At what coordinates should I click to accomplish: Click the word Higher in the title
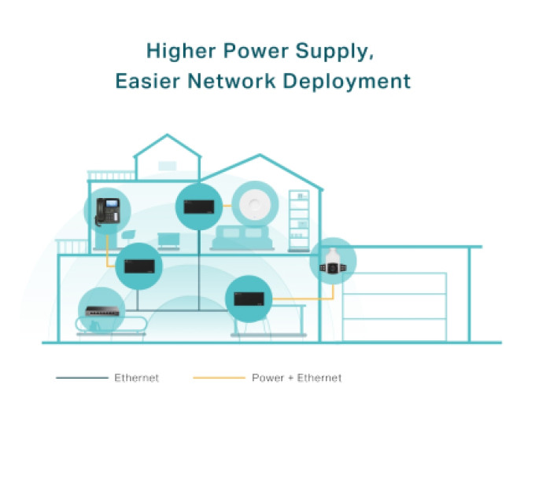[x=181, y=51]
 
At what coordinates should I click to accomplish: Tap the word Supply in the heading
[x=333, y=52]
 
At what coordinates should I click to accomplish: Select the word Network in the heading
[x=231, y=81]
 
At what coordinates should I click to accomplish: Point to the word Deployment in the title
[x=347, y=82]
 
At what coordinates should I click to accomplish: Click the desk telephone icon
[x=108, y=211]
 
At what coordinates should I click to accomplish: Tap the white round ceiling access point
[x=255, y=205]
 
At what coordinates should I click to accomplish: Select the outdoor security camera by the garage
[x=333, y=262]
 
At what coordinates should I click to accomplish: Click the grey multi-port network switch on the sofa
[x=102, y=311]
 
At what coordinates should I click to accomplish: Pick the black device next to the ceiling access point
[x=199, y=207]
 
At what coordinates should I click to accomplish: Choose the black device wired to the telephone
[x=139, y=266]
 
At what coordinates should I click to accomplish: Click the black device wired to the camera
[x=249, y=299]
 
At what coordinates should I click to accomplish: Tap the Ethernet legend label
[x=136, y=378]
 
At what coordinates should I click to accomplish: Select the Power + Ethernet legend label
[x=297, y=378]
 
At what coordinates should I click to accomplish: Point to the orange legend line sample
[x=219, y=378]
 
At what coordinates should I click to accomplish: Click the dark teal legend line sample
[x=82, y=378]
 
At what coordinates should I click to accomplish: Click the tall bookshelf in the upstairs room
[x=299, y=221]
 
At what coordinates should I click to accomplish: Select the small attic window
[x=167, y=166]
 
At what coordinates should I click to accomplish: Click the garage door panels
[x=394, y=306]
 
